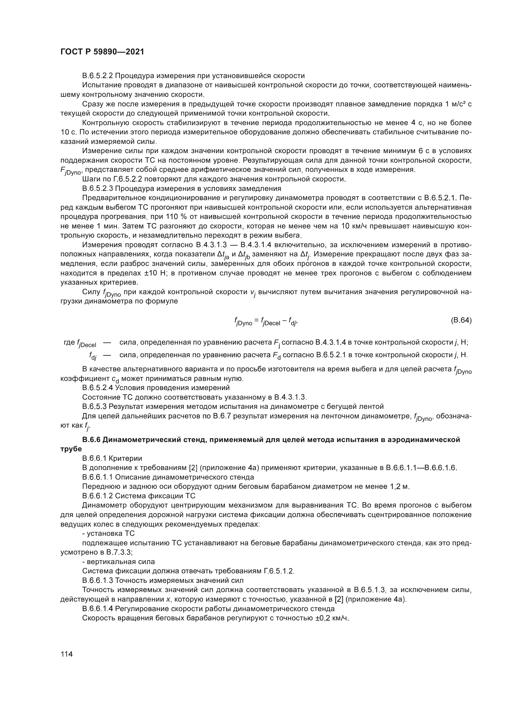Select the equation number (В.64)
coord(461,320)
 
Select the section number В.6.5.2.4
coord(97,388)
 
